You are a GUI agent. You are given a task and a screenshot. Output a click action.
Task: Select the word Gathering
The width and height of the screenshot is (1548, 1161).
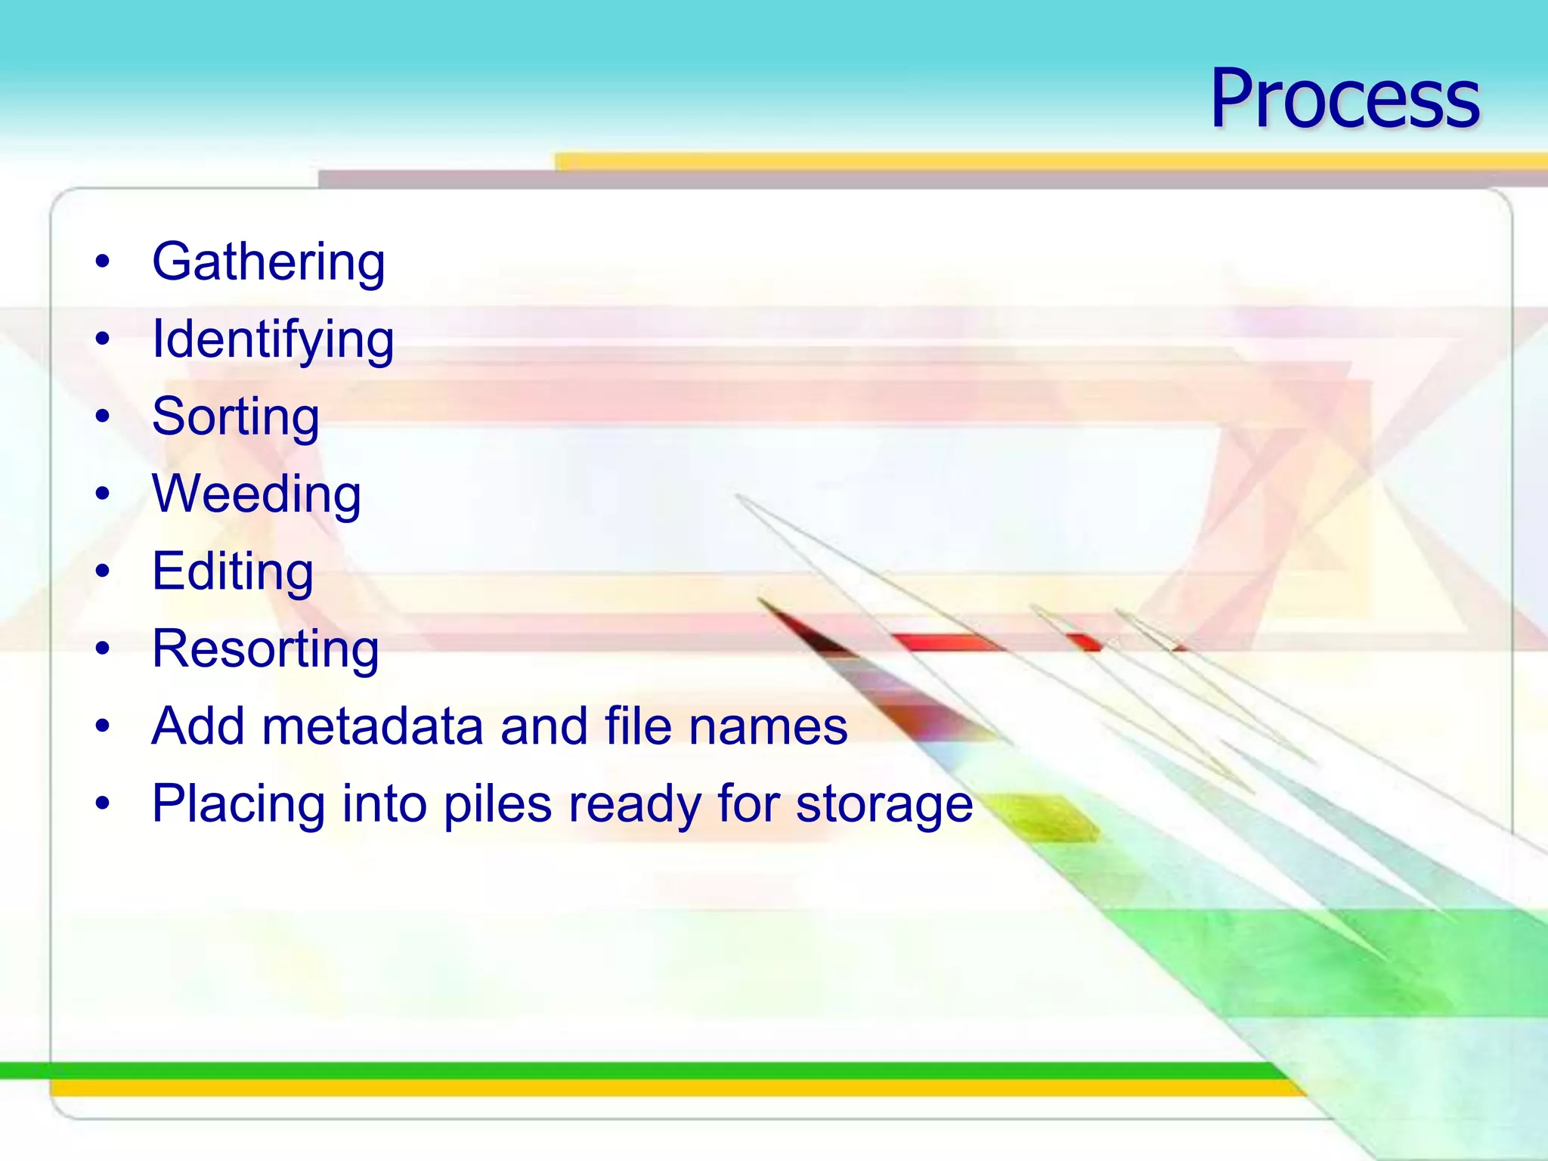click(268, 262)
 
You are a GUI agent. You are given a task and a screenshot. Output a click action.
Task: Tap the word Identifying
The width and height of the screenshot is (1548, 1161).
click(273, 340)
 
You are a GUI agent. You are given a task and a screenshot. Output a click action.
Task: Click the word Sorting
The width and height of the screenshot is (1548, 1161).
click(236, 417)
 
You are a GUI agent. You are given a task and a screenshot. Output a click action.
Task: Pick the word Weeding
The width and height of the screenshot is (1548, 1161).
click(256, 494)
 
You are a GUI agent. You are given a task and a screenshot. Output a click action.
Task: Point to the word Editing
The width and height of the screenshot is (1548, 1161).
click(233, 571)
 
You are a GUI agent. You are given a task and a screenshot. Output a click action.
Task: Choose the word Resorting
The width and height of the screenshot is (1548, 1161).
click(265, 649)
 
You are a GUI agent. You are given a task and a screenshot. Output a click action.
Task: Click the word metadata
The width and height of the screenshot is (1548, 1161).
click(372, 726)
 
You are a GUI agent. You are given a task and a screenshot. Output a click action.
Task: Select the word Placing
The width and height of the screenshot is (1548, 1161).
click(239, 804)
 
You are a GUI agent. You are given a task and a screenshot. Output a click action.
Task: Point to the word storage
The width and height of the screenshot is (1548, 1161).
click(884, 804)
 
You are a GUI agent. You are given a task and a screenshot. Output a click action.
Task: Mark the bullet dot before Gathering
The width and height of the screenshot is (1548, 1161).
click(103, 262)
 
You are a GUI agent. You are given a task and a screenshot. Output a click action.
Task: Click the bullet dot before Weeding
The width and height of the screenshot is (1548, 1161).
click(103, 494)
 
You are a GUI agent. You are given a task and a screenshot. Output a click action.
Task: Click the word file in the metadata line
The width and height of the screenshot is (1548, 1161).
click(638, 726)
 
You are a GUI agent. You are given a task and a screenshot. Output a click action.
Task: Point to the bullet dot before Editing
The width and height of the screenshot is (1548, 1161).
click(103, 571)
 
